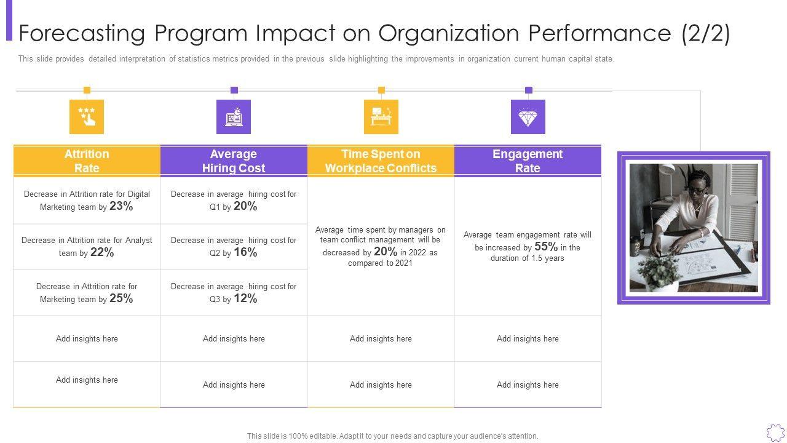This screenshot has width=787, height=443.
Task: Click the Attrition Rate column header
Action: point(87,161)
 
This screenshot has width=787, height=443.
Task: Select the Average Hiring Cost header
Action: point(234,161)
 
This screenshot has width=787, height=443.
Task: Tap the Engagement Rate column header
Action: point(528,161)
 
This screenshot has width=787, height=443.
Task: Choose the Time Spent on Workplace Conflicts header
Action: point(381,161)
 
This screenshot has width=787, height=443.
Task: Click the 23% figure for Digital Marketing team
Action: point(121,207)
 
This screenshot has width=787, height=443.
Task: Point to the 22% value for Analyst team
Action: point(102,253)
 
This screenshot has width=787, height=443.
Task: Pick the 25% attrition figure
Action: point(121,299)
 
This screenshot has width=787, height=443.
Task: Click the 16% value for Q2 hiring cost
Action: point(245,253)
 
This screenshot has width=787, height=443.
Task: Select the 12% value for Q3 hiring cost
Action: point(245,299)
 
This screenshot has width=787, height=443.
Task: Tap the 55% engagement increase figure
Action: point(546,247)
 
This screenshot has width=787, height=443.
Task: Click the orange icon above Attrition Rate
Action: point(87,117)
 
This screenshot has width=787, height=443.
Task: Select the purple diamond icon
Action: point(528,117)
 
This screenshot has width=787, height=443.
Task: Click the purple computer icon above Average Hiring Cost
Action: point(234,117)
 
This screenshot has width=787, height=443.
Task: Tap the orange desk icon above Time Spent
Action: point(381,117)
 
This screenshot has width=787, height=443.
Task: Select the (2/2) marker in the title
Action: point(706,33)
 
